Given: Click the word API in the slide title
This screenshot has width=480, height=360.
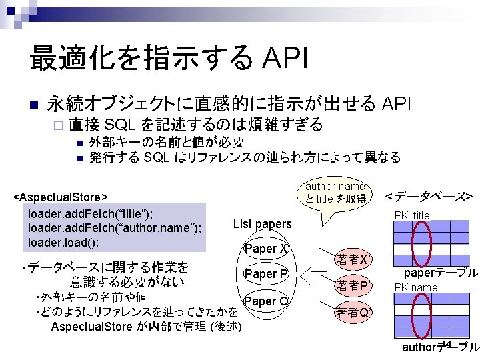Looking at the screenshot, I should coord(286,58).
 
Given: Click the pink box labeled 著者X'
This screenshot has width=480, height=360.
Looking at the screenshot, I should coord(354,259).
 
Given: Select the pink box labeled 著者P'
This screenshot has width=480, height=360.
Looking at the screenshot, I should coord(354,286).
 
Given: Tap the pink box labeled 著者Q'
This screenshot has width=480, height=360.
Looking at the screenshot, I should coord(354,312).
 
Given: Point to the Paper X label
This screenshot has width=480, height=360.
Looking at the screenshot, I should coord(266,249).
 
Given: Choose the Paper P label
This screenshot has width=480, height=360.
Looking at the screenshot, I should coord(266,274).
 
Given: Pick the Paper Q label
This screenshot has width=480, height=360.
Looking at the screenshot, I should coord(266,301).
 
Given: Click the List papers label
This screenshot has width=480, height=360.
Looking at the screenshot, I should coord(262,224).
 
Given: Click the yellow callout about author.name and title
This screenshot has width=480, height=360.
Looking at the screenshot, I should coord(335,193).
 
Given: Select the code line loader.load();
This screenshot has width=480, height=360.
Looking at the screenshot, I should coord(64,242).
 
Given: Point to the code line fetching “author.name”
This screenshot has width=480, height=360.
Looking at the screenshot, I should coord(114,228).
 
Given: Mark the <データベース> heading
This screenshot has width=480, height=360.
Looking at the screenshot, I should coord(429,196).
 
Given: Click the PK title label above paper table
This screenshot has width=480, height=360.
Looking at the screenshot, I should coord(412,215).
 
